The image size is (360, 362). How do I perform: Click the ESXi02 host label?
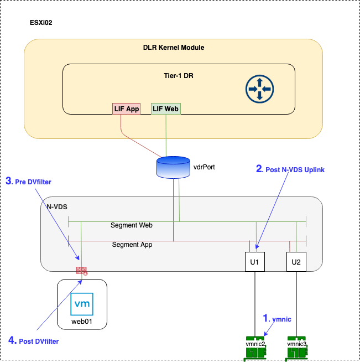41,23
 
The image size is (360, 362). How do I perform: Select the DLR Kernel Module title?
173,48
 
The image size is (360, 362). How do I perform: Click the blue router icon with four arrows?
259,89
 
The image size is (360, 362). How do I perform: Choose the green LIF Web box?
166,109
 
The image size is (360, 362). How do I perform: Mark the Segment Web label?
132,225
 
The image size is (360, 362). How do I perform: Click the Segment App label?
132,244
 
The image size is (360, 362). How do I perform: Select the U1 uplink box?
255,261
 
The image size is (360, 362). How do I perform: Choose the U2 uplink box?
296,261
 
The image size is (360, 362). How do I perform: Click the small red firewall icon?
82,271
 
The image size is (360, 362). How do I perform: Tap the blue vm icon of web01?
82,304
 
